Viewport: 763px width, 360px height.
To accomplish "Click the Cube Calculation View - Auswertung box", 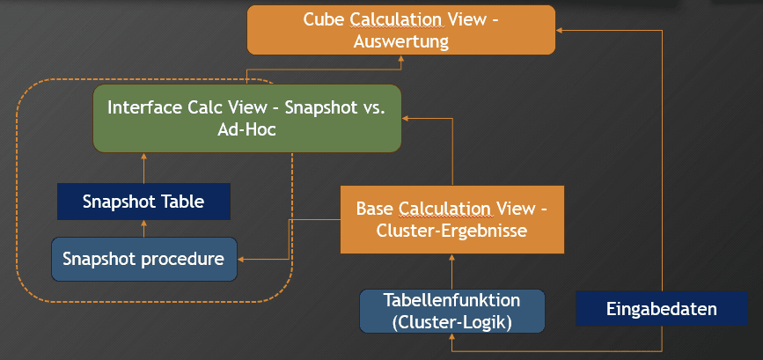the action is [401, 30].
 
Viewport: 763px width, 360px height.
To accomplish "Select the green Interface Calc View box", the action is [247, 118].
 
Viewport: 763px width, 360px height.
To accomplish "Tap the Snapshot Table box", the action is [143, 202].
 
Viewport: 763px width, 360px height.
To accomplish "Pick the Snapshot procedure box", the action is [144, 259].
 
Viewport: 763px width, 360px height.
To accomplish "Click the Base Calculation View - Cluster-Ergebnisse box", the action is [452, 219].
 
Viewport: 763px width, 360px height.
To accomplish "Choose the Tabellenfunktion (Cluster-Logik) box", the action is [452, 312].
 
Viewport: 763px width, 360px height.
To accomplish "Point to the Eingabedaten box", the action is [662, 308].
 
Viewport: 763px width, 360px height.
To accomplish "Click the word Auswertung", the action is [401, 41].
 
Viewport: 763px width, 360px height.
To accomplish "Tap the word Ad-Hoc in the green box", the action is [246, 130].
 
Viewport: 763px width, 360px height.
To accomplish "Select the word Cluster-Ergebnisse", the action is [451, 230].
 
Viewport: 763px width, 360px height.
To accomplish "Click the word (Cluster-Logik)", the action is [452, 323].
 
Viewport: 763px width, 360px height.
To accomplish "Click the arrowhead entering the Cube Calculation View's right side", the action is [559, 30].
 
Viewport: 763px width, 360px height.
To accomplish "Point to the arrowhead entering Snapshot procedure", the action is [240, 260].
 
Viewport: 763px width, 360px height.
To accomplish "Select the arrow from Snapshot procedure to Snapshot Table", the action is [144, 229].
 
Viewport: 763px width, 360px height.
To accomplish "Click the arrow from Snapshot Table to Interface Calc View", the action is [144, 168].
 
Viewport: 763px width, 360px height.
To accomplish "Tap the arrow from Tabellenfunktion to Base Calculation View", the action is [452, 271].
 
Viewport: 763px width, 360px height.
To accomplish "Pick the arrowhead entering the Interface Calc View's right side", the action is [406, 118].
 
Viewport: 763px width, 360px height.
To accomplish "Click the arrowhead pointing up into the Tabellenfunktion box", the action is [452, 336].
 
